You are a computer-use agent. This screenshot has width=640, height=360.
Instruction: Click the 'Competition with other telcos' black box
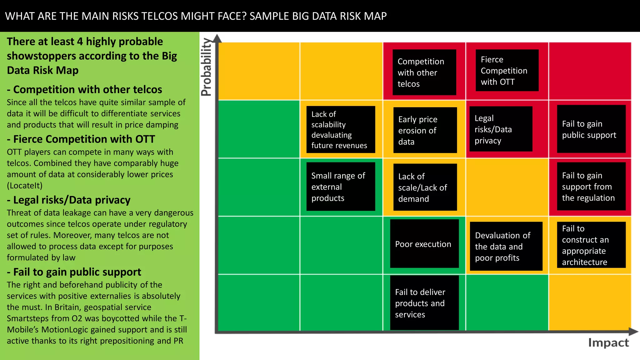click(424, 72)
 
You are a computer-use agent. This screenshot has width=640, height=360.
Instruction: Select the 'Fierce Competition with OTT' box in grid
click(507, 70)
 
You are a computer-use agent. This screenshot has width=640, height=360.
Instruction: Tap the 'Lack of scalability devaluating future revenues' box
click(341, 129)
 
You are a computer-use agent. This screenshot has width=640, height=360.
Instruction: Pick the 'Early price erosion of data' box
click(425, 130)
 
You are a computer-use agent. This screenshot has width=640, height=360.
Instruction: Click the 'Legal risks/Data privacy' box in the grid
click(501, 129)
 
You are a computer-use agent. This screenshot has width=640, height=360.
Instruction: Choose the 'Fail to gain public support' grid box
click(591, 129)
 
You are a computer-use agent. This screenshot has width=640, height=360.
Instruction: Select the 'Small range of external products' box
click(341, 187)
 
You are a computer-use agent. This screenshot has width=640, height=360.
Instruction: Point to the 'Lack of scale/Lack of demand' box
click(425, 187)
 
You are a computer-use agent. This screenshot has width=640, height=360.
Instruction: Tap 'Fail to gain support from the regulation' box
click(591, 186)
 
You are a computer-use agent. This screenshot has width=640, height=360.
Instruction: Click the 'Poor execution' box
click(424, 243)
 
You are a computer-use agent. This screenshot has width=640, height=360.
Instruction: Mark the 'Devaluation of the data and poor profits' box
click(506, 246)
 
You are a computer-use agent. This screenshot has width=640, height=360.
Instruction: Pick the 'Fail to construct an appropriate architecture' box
click(591, 245)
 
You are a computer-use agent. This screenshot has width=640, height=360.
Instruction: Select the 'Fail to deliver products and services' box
click(424, 302)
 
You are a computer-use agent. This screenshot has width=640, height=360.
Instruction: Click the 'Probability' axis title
click(206, 67)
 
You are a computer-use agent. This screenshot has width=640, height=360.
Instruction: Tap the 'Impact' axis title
click(608, 343)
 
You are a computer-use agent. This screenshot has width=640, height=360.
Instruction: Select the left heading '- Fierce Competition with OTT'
click(81, 139)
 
